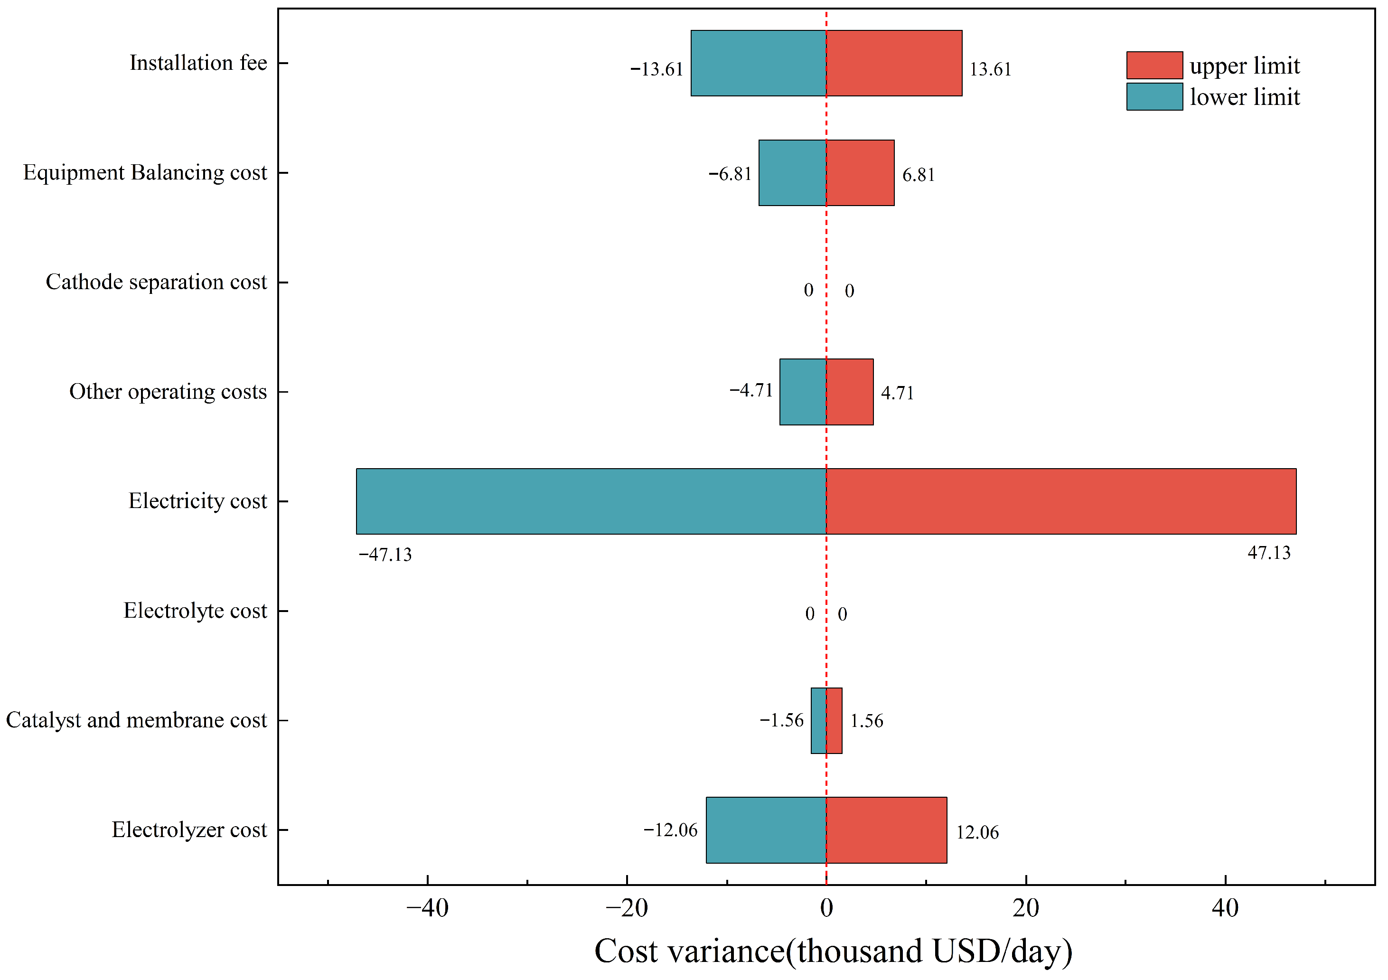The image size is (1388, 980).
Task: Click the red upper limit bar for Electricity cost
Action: click(x=1061, y=501)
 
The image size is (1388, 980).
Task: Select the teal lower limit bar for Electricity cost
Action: click(x=591, y=501)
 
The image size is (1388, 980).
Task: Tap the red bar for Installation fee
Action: click(x=894, y=63)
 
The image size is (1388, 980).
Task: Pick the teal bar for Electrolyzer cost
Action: click(x=766, y=830)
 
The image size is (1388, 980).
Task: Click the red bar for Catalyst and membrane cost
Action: click(x=834, y=721)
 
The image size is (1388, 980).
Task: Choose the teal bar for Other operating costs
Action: click(x=803, y=392)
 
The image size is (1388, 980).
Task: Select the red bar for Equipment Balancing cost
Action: click(x=860, y=173)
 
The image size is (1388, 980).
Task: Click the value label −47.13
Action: click(x=385, y=555)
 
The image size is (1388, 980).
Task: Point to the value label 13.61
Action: click(x=990, y=69)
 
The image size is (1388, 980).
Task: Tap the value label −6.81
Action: click(x=730, y=174)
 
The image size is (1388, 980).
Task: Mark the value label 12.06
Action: click(x=977, y=832)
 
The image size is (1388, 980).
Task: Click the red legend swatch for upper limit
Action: click(x=1154, y=66)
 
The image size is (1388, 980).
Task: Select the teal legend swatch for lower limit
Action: click(x=1154, y=97)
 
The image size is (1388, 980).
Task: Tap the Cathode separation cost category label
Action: click(x=157, y=283)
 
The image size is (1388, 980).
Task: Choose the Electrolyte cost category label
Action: click(x=195, y=611)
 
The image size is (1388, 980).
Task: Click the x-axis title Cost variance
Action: click(x=690, y=951)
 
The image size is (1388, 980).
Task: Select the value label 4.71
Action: click(x=897, y=394)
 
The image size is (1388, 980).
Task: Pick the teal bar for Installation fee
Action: click(x=759, y=63)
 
